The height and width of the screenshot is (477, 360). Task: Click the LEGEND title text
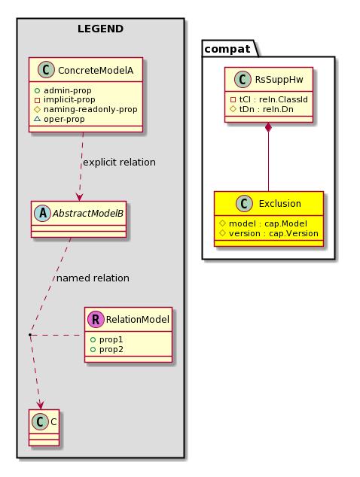[100, 29]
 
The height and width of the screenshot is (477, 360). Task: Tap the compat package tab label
[227, 49]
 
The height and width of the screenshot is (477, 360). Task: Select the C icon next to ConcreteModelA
[46, 70]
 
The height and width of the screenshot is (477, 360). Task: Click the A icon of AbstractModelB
[43, 213]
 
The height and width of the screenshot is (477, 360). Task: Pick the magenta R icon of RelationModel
[96, 319]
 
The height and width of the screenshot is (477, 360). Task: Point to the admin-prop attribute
[67, 90]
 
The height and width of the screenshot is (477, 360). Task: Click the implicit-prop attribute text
[69, 100]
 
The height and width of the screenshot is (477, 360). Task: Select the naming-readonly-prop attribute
[90, 109]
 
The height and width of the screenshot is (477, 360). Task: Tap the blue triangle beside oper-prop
[37, 119]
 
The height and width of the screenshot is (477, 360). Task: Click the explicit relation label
[120, 163]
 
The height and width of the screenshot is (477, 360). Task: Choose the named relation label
[93, 278]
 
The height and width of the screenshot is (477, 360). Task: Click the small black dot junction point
[30, 335]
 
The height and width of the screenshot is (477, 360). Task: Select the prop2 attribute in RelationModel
[111, 349]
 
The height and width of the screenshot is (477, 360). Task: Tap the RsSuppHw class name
[279, 80]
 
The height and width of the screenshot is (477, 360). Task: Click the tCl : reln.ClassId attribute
[273, 99]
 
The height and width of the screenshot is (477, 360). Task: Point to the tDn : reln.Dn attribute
[267, 109]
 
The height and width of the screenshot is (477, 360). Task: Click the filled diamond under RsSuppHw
[268, 127]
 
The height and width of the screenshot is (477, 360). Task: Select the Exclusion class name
[280, 204]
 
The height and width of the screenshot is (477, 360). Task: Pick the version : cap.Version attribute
[273, 233]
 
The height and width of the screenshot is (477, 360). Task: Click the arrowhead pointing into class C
[40, 405]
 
